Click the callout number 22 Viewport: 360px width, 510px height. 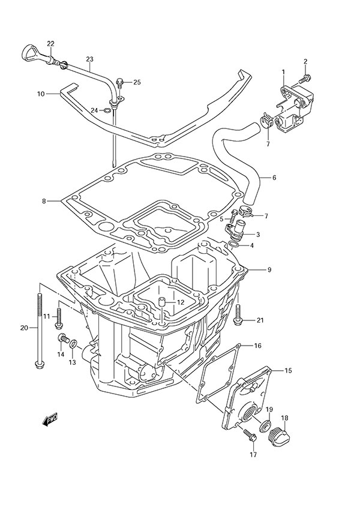[51, 43]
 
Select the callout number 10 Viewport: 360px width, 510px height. [41, 94]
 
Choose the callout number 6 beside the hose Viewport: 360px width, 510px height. [274, 178]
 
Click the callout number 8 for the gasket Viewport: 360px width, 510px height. [44, 201]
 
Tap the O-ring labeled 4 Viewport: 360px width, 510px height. [236, 245]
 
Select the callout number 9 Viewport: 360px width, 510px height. [269, 270]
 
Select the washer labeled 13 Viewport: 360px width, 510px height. [73, 344]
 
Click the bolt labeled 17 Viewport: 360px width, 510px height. [251, 437]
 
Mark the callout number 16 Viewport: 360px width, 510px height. [257, 346]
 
